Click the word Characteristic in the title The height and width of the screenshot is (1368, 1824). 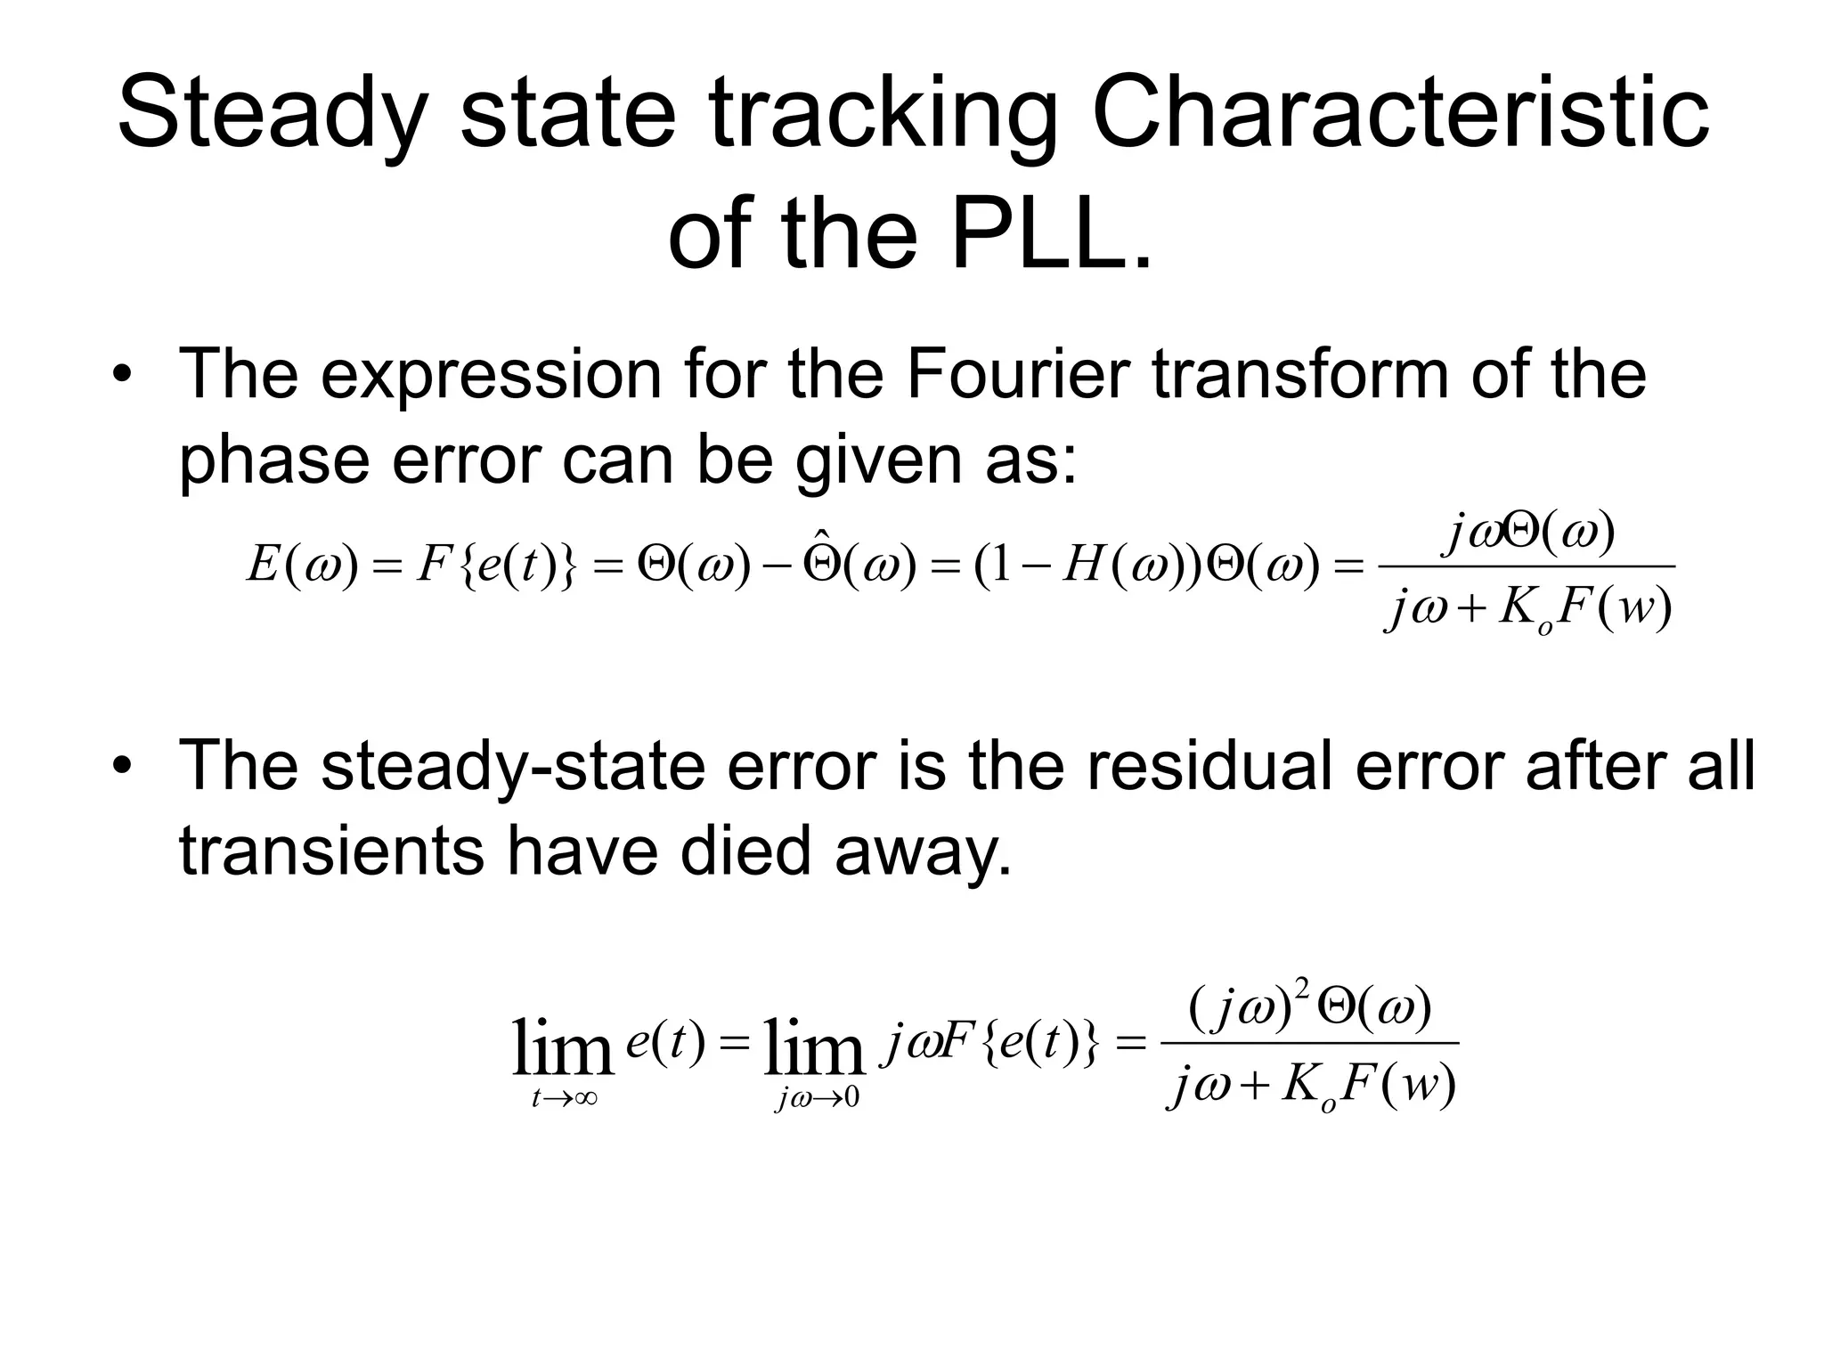(x=1400, y=114)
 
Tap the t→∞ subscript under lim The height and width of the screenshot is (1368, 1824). (x=564, y=1099)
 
